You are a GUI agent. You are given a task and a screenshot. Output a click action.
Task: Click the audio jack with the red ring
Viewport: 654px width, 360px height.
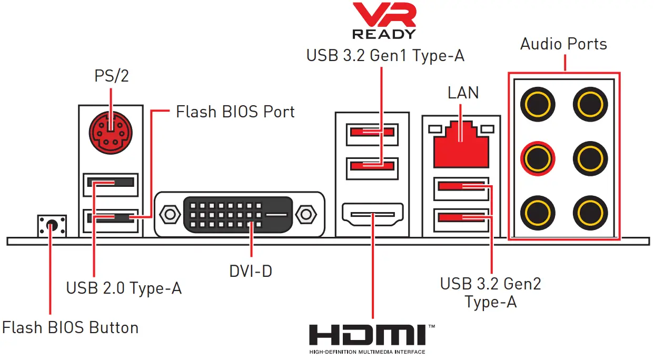coord(537,157)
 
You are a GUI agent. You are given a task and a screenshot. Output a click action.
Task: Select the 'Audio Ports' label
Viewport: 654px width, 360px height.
coord(563,44)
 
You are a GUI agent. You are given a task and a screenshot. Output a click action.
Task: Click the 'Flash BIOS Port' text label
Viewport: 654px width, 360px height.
coord(235,112)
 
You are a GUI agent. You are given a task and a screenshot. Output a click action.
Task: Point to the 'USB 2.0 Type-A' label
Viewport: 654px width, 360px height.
coord(124,288)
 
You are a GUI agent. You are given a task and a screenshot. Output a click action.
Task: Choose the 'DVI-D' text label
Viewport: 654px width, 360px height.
coord(251,271)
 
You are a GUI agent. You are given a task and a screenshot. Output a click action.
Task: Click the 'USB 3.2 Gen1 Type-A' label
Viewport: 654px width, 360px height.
coord(385,55)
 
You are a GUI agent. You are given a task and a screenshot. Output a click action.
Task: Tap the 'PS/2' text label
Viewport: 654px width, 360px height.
coord(111,76)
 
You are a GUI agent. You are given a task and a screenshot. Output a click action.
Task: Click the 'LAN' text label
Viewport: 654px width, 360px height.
coord(463,93)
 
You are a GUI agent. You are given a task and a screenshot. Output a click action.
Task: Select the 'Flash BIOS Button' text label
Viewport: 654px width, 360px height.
coord(70,327)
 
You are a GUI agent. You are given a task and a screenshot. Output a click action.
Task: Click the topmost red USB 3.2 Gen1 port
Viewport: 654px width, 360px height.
coord(372,132)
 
